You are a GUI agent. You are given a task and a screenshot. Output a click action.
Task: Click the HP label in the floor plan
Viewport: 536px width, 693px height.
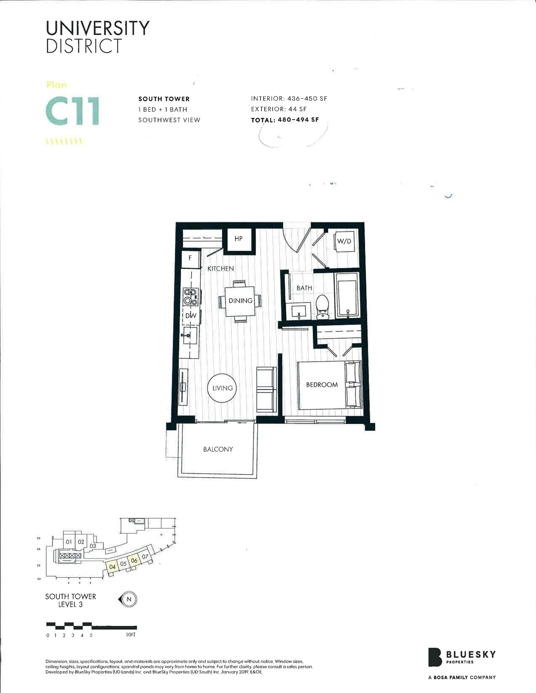click(x=238, y=239)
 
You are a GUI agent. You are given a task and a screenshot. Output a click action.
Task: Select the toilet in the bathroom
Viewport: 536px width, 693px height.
click(x=323, y=306)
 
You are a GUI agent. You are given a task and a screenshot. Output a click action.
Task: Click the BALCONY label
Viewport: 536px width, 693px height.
click(x=218, y=449)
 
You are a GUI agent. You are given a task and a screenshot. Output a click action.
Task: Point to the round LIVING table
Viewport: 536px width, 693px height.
click(x=222, y=388)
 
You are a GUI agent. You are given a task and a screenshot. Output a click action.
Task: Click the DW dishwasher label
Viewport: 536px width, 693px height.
click(x=191, y=316)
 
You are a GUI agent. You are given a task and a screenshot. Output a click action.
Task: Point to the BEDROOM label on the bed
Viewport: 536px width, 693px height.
click(x=322, y=385)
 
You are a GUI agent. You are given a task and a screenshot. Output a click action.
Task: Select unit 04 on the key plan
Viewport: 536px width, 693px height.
click(x=112, y=567)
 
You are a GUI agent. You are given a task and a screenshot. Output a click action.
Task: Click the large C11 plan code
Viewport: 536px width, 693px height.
click(x=72, y=112)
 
